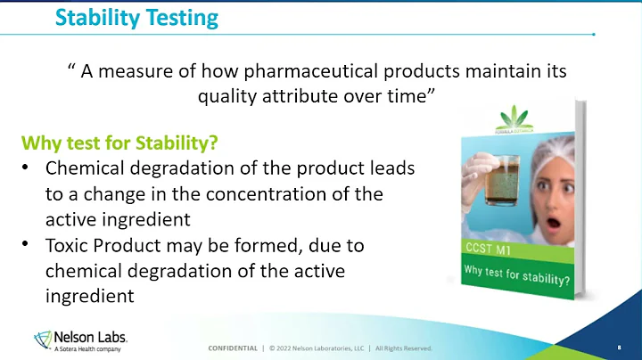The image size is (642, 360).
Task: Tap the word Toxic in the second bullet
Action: [68, 243]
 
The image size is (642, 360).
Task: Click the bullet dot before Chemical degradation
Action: [27, 168]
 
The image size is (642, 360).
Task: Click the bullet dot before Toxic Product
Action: [27, 243]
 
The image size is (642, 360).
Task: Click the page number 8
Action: [618, 348]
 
